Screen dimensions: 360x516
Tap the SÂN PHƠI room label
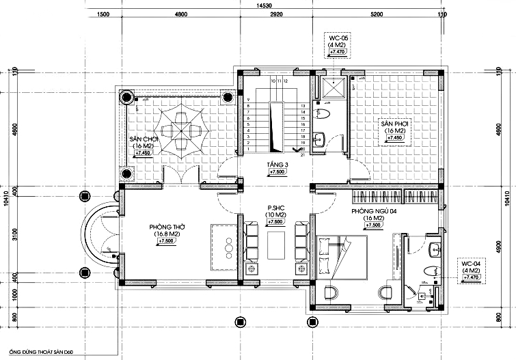(395, 124)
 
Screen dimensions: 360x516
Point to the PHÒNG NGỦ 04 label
(374, 212)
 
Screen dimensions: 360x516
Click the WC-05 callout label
(338, 38)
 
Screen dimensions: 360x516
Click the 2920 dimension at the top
(277, 14)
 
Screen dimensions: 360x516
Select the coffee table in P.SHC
(275, 244)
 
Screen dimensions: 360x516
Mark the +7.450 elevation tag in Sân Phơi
(395, 138)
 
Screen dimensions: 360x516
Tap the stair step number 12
(286, 81)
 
